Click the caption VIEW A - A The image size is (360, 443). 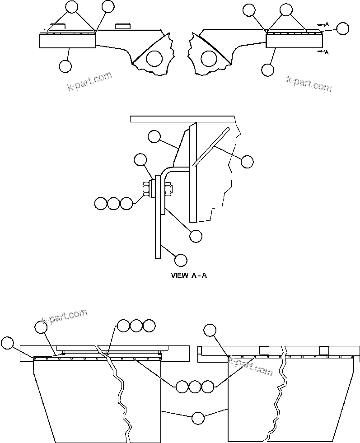[x=189, y=275]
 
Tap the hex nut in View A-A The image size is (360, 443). [x=147, y=189]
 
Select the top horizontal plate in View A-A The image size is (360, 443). [x=183, y=119]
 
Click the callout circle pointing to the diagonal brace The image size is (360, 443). [x=247, y=161]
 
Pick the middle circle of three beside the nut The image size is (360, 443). [x=114, y=203]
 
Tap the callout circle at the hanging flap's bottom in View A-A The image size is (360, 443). [x=181, y=260]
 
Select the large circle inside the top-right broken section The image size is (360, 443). [x=208, y=58]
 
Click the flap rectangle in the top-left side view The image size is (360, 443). [x=68, y=41]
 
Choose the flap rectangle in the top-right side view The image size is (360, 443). [x=294, y=41]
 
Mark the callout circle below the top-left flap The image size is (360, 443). [x=65, y=66]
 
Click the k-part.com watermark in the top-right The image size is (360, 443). [x=309, y=84]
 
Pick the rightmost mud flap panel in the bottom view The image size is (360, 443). [x=316, y=397]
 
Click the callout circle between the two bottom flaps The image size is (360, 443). [x=198, y=418]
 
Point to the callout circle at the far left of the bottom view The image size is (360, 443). [x=7, y=343]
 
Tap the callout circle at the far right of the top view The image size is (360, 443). [x=343, y=28]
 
